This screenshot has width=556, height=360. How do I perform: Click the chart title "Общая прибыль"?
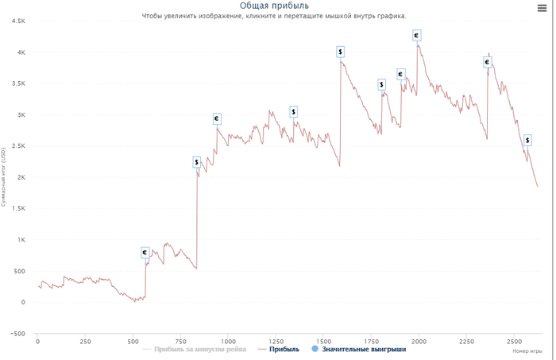274,6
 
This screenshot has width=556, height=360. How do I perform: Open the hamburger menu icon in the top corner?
542,9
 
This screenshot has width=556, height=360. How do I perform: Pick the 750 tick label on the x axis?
180,342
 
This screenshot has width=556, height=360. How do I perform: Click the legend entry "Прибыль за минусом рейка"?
195,350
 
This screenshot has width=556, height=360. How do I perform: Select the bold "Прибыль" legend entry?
284,350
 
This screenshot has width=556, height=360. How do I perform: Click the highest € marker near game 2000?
416,36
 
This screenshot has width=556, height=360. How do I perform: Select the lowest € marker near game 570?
145,253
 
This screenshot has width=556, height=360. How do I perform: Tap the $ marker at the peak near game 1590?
340,52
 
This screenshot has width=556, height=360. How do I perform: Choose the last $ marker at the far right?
527,141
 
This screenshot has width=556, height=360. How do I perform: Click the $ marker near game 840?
197,163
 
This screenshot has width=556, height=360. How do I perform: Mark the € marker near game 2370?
488,63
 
